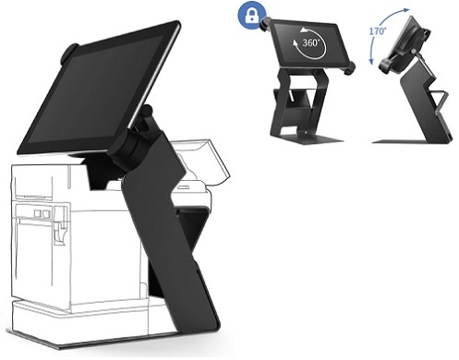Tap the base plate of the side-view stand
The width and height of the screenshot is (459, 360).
click(411, 139)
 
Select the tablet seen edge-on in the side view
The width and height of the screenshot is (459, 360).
click(400, 46)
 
